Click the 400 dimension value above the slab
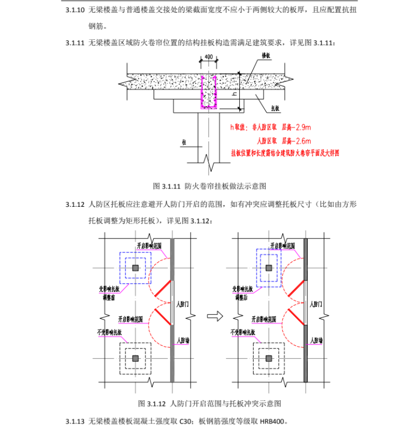point(208,57)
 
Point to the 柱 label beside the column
point(183,142)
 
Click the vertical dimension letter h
point(234,93)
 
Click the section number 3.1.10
point(75,10)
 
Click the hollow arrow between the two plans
point(211,316)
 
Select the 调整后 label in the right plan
point(239,297)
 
